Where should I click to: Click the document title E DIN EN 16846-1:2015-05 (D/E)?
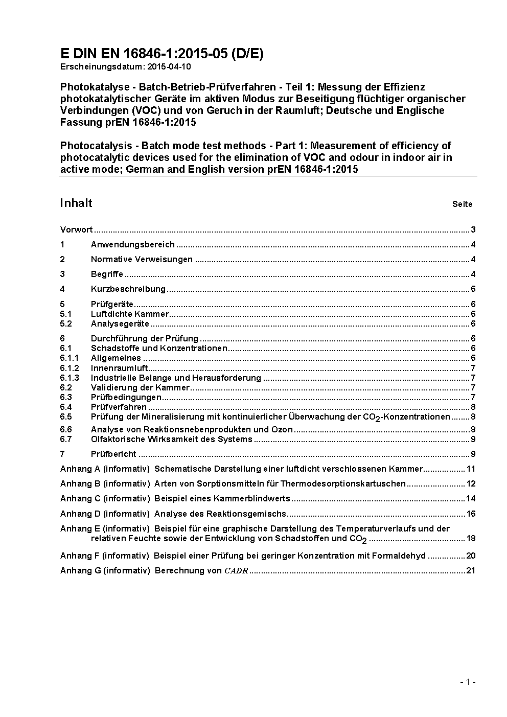coord(162,54)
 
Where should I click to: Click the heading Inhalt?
coord(76,203)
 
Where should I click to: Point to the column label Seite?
coord(462,204)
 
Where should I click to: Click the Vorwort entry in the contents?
coord(76,229)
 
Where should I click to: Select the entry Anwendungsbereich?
coord(133,244)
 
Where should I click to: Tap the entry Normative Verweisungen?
coord(142,259)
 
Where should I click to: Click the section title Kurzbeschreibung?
coord(128,289)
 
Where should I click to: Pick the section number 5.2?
coord(66,323)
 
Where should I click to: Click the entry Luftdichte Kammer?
coord(130,314)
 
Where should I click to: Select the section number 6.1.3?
coord(70,378)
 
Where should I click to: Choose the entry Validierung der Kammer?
coord(140,387)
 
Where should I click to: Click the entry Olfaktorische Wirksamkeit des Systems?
coord(172,439)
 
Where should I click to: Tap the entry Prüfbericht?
coord(113,454)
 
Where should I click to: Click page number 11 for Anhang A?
coord(471,469)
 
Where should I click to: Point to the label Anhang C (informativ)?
coord(105,498)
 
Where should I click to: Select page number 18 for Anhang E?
coord(471,538)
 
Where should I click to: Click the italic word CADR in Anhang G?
coord(236,570)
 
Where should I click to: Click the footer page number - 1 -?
coord(468,681)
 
